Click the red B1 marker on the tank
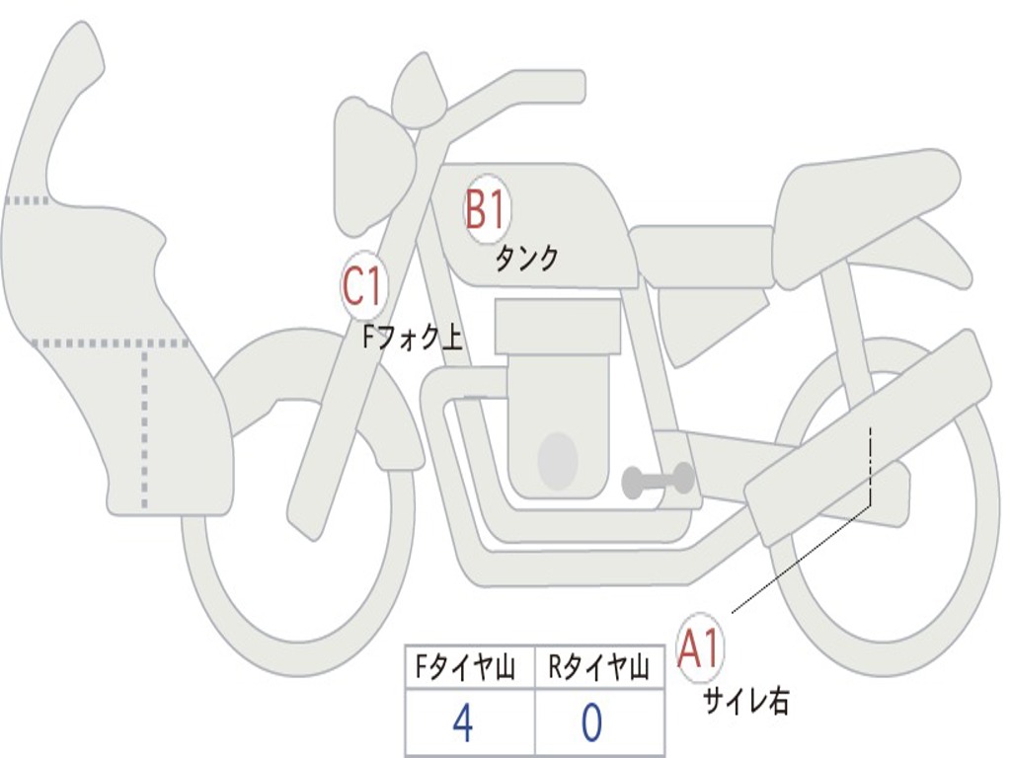[x=485, y=209]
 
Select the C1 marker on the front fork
[x=362, y=287]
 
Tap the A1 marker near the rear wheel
[x=700, y=649]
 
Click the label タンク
[x=526, y=259]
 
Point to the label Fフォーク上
[x=412, y=339]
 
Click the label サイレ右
[x=745, y=702]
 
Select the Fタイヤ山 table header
[x=464, y=669]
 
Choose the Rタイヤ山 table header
[x=598, y=669]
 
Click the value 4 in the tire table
[x=463, y=723]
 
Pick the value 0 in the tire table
[x=591, y=723]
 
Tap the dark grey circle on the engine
[x=557, y=460]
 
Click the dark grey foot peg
[x=659, y=481]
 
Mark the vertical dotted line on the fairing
[x=145, y=424]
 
